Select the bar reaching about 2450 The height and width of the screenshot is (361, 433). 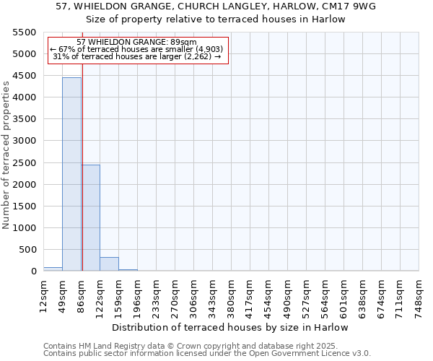click(x=91, y=217)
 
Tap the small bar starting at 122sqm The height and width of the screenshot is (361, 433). click(x=109, y=264)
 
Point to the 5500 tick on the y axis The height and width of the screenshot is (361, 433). click(x=25, y=32)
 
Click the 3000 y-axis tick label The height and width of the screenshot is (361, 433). click(x=25, y=141)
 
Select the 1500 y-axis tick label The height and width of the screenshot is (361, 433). click(x=25, y=206)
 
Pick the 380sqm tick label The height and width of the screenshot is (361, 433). click(x=231, y=295)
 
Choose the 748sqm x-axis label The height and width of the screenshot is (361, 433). click(x=419, y=295)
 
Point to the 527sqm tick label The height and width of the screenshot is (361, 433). click(x=306, y=295)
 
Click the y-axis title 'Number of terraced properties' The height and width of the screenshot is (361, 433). click(x=6, y=155)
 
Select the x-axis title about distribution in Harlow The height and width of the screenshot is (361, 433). click(x=230, y=327)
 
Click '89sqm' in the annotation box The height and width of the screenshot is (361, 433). click(x=182, y=43)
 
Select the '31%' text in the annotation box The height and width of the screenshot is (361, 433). click(x=61, y=56)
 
